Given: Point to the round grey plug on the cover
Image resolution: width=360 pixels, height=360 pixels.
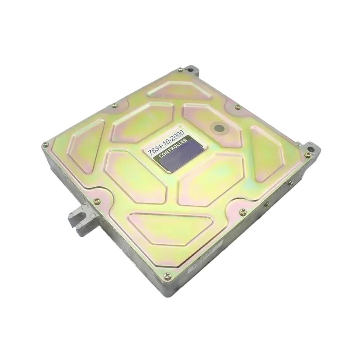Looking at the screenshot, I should (x=219, y=128).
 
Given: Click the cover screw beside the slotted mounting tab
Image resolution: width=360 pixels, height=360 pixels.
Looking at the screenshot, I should (x=97, y=202).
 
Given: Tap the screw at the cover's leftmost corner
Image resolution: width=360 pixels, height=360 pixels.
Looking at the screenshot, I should (x=45, y=145).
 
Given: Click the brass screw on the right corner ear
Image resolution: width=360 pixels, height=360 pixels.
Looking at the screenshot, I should (x=307, y=155).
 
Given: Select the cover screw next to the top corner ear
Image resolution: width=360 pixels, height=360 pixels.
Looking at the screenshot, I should (x=180, y=70).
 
